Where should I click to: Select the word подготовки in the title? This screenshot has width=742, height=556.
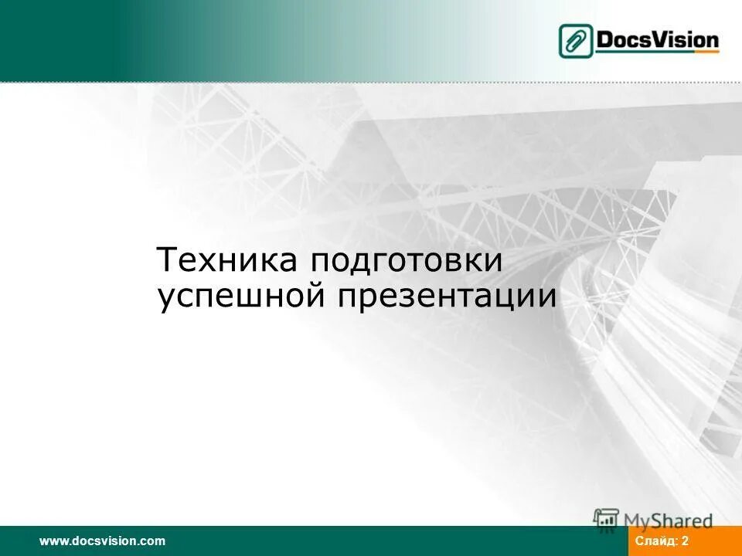pos(407,261)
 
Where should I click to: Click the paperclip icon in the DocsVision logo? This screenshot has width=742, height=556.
pos(577,41)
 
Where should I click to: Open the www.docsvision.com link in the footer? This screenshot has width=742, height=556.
pos(103,541)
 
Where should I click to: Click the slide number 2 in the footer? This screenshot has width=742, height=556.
pos(685,541)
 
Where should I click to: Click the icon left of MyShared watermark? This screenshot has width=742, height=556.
pos(606,520)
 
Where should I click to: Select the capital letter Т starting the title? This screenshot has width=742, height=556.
pos(166,260)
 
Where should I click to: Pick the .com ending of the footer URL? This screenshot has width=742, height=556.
pos(153,541)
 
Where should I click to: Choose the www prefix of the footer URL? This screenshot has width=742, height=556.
pos(52,541)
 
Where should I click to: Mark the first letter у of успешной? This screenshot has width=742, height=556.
pos(166,300)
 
